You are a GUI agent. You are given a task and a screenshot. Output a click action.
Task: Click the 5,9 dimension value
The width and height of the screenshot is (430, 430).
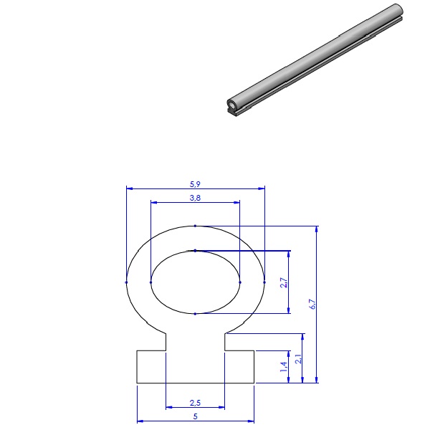[195, 183]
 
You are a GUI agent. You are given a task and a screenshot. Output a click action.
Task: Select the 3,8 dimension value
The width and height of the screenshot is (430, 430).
[195, 197]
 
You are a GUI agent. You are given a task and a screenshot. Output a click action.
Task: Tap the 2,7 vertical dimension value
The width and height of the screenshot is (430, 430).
[283, 282]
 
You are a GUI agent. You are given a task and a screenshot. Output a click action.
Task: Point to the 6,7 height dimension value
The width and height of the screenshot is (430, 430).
[312, 304]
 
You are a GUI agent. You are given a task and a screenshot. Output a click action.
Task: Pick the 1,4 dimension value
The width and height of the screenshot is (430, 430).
[283, 367]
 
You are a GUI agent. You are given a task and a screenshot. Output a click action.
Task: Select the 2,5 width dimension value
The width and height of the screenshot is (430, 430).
[195, 403]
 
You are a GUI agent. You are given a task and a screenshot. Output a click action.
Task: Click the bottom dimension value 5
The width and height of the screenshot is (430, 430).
[195, 416]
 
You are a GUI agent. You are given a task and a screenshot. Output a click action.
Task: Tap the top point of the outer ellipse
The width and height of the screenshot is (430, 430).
[195, 226]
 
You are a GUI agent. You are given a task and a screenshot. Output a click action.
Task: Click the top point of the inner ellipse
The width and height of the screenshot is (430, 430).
[195, 250]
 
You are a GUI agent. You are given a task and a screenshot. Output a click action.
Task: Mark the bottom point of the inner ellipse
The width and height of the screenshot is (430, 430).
[195, 314]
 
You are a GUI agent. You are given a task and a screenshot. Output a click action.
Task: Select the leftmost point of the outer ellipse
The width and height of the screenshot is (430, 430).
[126, 282]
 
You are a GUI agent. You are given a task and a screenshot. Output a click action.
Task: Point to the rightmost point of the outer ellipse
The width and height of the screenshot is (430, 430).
[264, 282]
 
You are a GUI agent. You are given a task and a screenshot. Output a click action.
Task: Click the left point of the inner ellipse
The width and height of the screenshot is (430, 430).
[150, 282]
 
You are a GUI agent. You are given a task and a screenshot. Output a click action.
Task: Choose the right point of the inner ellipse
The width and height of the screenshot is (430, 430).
[239, 282]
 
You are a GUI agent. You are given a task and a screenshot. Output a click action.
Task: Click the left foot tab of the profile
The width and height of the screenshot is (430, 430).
[151, 367]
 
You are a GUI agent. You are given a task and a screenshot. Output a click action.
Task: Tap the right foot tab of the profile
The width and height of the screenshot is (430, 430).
[239, 367]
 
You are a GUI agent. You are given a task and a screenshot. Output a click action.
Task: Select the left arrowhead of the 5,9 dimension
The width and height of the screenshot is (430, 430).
[129, 189]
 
